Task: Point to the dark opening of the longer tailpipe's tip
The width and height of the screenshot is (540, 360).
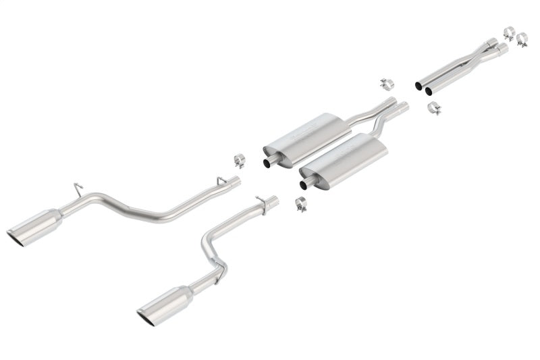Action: click(16, 238)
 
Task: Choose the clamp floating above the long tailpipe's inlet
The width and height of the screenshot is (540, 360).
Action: click(239, 160)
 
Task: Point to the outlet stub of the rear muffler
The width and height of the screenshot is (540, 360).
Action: click(269, 161)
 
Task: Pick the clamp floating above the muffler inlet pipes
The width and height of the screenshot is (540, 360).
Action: click(387, 84)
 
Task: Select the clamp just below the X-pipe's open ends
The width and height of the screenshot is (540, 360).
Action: click(434, 107)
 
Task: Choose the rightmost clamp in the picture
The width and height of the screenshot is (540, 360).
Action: click(522, 41)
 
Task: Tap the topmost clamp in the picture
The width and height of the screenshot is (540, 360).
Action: click(509, 32)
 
